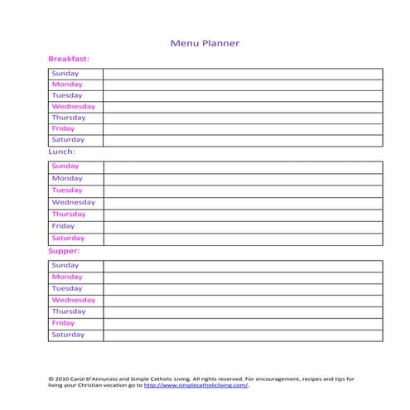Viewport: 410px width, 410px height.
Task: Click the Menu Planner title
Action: coord(205,43)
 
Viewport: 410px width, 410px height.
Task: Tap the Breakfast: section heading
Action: coord(69,59)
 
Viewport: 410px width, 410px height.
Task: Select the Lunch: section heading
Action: coord(62,152)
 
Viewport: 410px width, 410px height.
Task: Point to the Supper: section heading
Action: coord(65,249)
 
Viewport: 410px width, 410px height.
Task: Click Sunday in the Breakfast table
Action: coord(65,74)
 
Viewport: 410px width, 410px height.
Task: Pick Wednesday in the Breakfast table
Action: coord(74,107)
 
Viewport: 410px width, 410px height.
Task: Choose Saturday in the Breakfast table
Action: coord(68,140)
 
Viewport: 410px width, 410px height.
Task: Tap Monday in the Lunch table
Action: coord(67,178)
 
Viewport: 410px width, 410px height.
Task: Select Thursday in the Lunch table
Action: coord(69,214)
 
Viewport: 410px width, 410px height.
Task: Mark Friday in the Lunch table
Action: coord(63,226)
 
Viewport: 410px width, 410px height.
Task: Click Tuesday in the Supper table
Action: coord(67,288)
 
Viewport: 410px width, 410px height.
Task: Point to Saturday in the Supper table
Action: coord(68,335)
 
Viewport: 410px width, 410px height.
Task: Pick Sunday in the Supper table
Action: coord(65,265)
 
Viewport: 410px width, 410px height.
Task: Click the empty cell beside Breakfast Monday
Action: coord(243,84)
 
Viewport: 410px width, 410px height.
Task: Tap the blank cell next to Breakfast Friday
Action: coord(243,129)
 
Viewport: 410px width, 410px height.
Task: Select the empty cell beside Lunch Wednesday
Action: coord(243,202)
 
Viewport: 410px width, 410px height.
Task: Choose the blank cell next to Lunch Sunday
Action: coord(243,166)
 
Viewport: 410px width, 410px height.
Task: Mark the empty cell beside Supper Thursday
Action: coord(243,311)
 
